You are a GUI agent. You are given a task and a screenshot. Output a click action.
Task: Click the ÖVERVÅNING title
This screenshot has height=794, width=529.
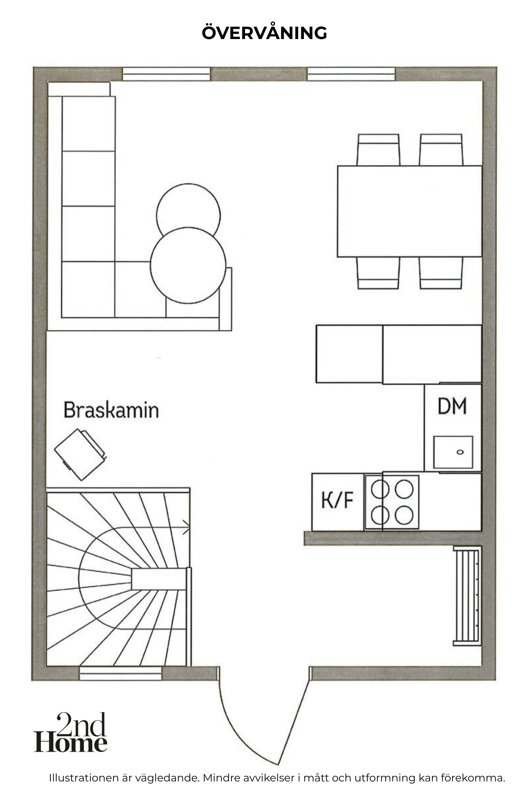[x=264, y=32]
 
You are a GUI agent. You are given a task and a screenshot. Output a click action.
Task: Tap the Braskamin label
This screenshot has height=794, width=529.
[x=111, y=410]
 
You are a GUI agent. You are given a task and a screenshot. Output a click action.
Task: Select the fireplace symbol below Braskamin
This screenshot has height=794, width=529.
[x=80, y=454]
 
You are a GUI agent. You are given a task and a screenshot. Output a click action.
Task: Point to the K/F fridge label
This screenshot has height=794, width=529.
[x=337, y=500]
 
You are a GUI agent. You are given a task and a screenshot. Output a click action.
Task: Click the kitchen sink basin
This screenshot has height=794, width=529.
[x=453, y=452]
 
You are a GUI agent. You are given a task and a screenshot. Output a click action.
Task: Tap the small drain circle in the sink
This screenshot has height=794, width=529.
[x=460, y=452]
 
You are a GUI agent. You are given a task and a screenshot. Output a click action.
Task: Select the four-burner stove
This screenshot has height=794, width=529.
[x=392, y=502]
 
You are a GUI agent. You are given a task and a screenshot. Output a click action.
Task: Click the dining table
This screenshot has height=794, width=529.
[x=410, y=211]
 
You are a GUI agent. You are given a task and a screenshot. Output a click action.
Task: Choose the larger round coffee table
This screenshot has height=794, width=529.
[x=188, y=265]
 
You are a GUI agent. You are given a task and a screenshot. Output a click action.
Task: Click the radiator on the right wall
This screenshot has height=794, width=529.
[x=467, y=596]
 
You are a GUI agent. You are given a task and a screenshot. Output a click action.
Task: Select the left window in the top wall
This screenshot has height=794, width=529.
[x=166, y=74]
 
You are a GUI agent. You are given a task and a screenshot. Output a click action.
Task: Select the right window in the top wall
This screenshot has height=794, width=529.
[x=351, y=74]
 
